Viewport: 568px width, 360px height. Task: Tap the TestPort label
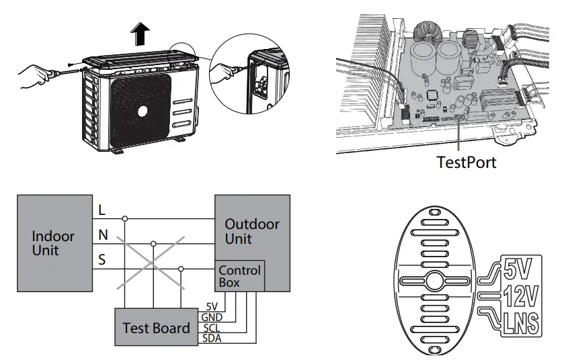(466, 162)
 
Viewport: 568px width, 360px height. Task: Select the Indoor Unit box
(54, 243)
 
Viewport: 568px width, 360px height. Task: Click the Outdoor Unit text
(252, 231)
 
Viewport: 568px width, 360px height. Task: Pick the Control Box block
(239, 276)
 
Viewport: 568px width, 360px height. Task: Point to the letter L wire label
(102, 210)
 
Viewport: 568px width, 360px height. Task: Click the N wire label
(102, 235)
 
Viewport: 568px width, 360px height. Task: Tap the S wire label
(102, 259)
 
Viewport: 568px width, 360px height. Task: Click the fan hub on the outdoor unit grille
(142, 111)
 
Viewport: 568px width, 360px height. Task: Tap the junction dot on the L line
(124, 218)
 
